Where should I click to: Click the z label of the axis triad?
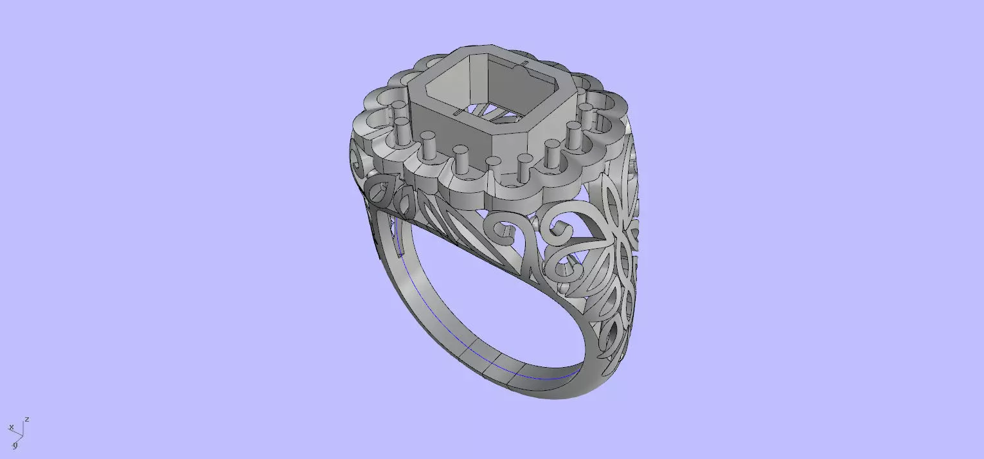coord(27,420)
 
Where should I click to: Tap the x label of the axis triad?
coord(11,428)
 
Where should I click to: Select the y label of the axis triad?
coord(15,445)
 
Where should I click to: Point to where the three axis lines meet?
coord(23,433)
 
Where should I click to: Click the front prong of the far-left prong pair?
coord(402,131)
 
